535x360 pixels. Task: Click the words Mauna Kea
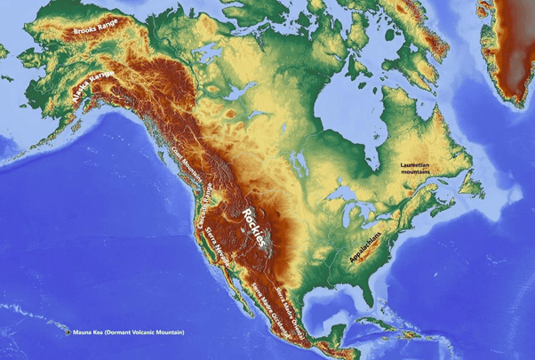click(x=92, y=332)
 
